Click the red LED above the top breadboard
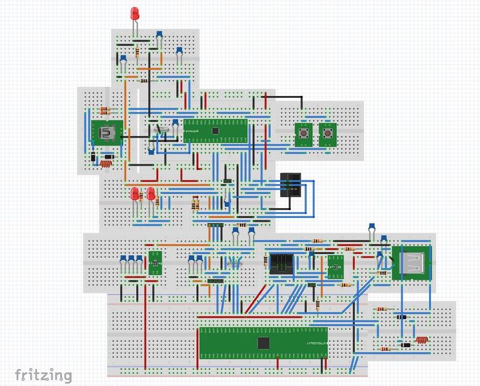(x=135, y=14)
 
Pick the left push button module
(x=302, y=134)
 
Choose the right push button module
(x=326, y=134)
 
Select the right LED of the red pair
(x=151, y=194)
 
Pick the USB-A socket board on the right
(x=411, y=262)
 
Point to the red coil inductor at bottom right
(x=422, y=340)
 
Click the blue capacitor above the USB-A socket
(x=372, y=226)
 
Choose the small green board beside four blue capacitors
(x=155, y=262)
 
